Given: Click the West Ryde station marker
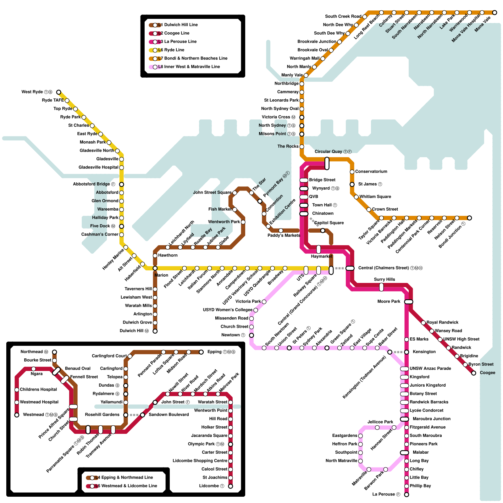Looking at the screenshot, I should pyautogui.click(x=59, y=92).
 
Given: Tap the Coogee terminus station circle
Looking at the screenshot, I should pyautogui.click(x=474, y=373).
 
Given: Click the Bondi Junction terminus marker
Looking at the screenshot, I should pyautogui.click(x=469, y=218).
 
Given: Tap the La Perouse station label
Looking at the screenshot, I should pyautogui.click(x=386, y=494).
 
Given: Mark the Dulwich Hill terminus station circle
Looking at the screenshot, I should pyautogui.click(x=155, y=331).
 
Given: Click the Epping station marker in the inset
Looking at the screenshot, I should pyautogui.click(x=201, y=352).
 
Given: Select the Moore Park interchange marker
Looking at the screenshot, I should pyautogui.click(x=408, y=302).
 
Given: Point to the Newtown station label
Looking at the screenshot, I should pyautogui.click(x=233, y=335).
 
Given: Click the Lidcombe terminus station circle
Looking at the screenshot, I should pyautogui.click(x=230, y=486).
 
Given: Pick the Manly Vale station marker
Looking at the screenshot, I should pyautogui.click(x=306, y=75).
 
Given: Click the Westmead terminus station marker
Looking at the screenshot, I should pyautogui.click(x=17, y=415).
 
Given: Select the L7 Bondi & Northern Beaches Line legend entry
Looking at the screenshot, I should pyautogui.click(x=192, y=58).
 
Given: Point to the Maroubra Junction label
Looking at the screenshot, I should pyautogui.click(x=431, y=419).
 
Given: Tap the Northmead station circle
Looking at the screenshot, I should pyautogui.click(x=54, y=352).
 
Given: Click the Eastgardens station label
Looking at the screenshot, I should pyautogui.click(x=345, y=436).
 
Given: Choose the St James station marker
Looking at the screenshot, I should pyautogui.click(x=352, y=185).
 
